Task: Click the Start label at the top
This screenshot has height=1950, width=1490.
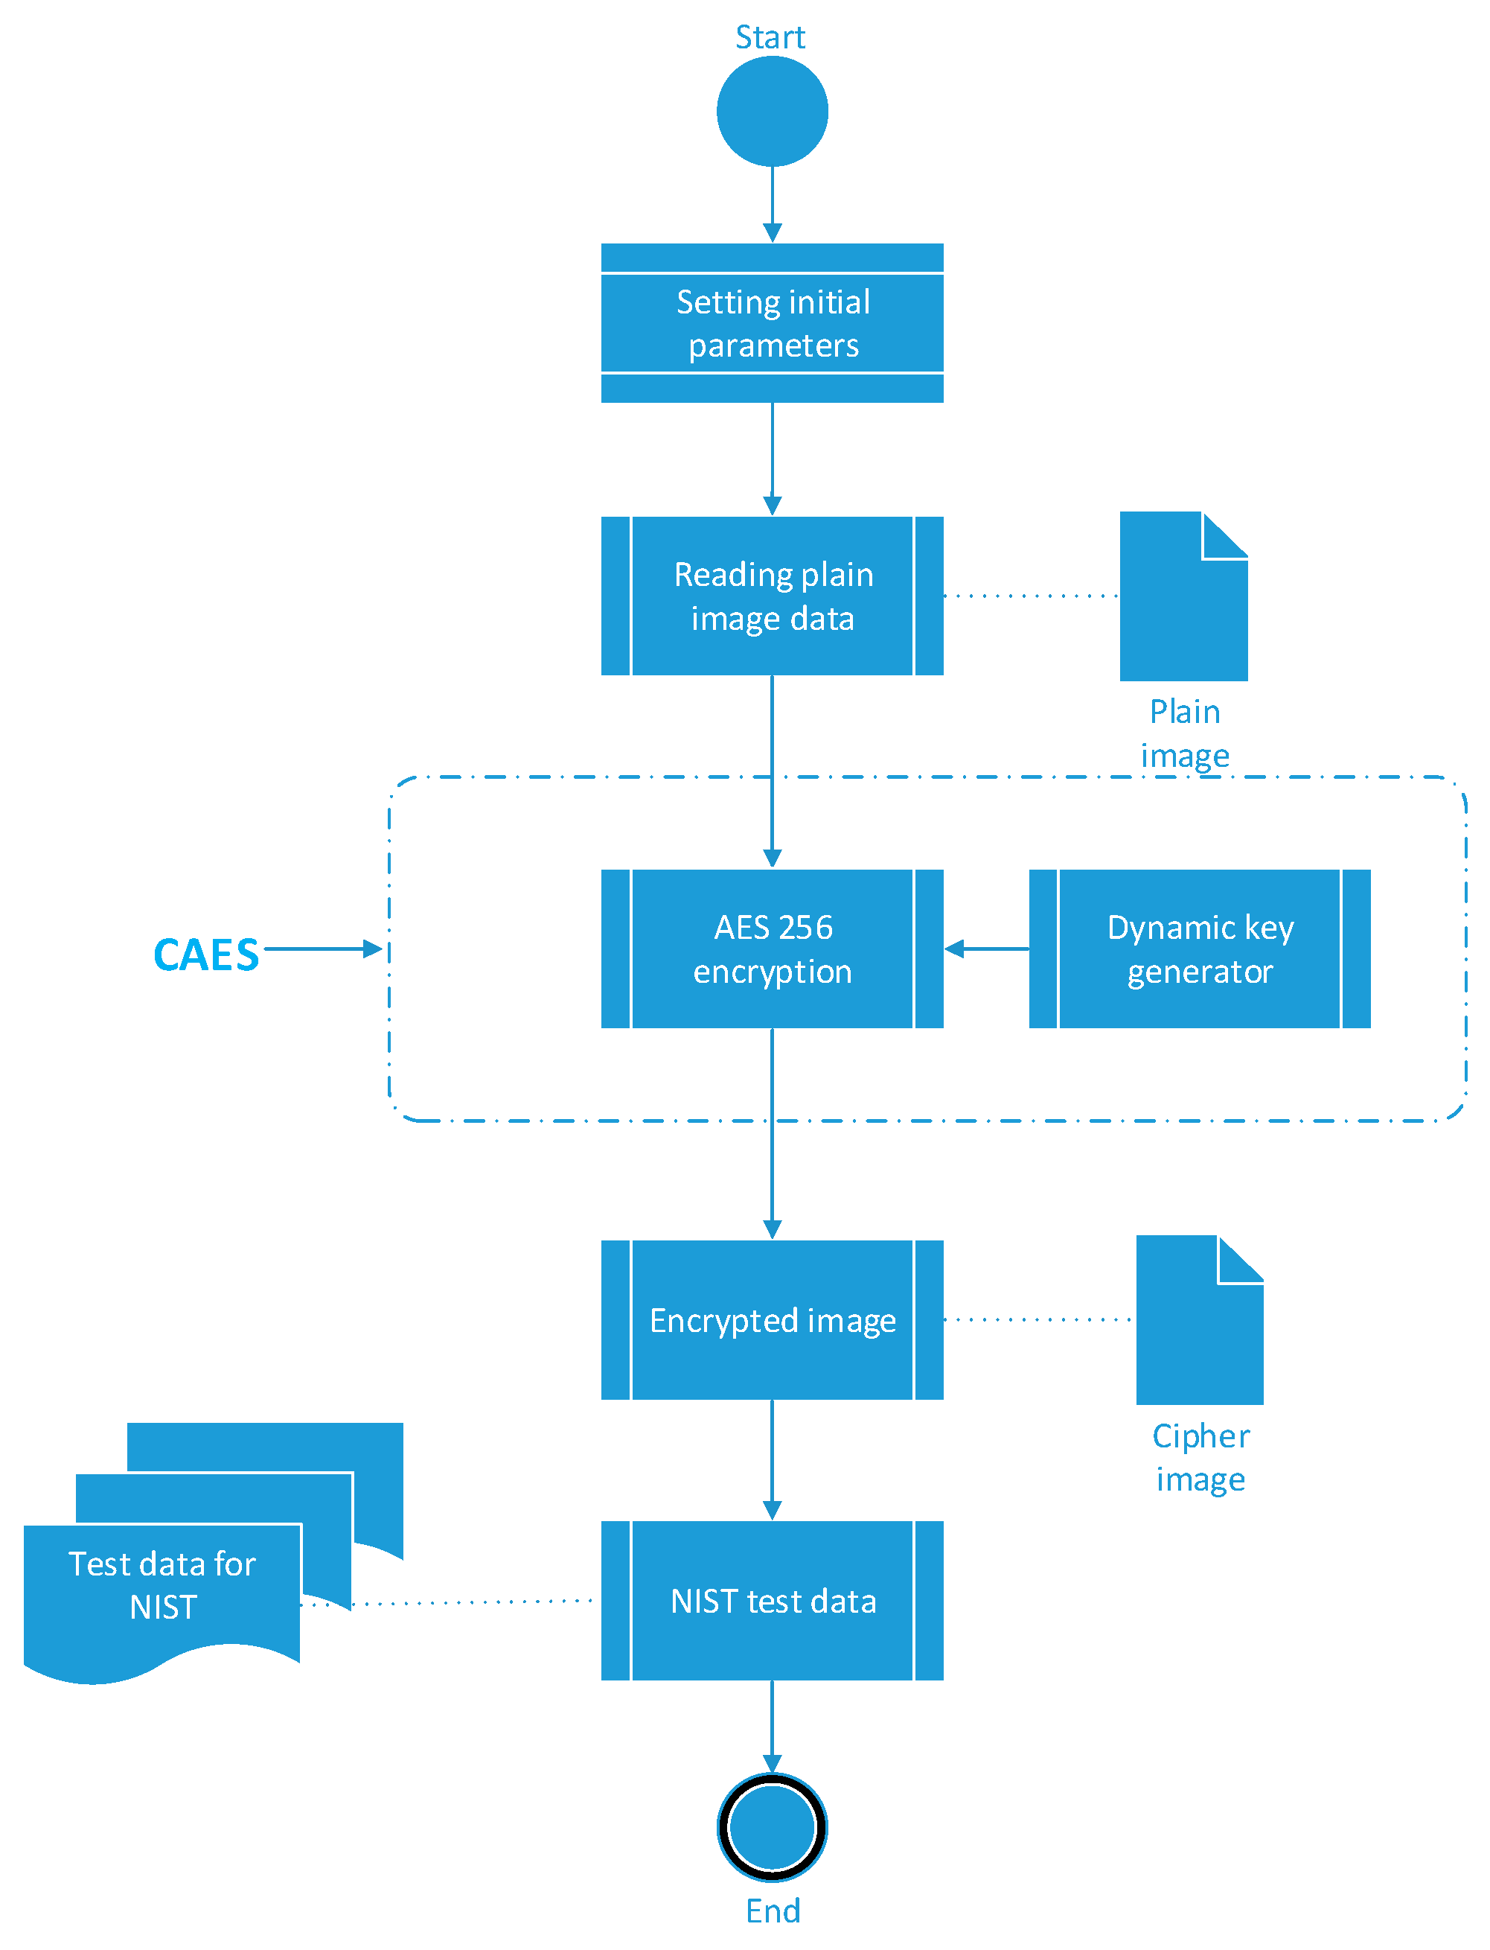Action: [x=770, y=37]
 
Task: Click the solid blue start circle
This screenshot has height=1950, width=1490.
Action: [x=772, y=112]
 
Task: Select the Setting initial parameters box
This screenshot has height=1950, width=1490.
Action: [x=772, y=323]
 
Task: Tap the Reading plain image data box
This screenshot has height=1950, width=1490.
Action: [x=772, y=596]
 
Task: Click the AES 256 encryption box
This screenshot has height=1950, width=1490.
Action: [x=772, y=949]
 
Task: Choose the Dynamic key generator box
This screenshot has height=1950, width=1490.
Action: [x=1199, y=949]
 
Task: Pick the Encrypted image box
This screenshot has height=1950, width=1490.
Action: [x=772, y=1320]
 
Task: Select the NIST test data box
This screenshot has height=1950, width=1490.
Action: [x=772, y=1601]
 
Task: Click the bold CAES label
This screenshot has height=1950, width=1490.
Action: [x=205, y=955]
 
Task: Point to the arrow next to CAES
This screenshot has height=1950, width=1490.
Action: [x=324, y=949]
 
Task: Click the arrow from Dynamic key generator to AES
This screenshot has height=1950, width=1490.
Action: [x=986, y=949]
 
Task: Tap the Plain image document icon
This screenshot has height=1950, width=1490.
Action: [x=1183, y=603]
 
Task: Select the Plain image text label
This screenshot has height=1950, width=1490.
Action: [x=1185, y=733]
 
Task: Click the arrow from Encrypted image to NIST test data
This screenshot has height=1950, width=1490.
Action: [x=772, y=1459]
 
